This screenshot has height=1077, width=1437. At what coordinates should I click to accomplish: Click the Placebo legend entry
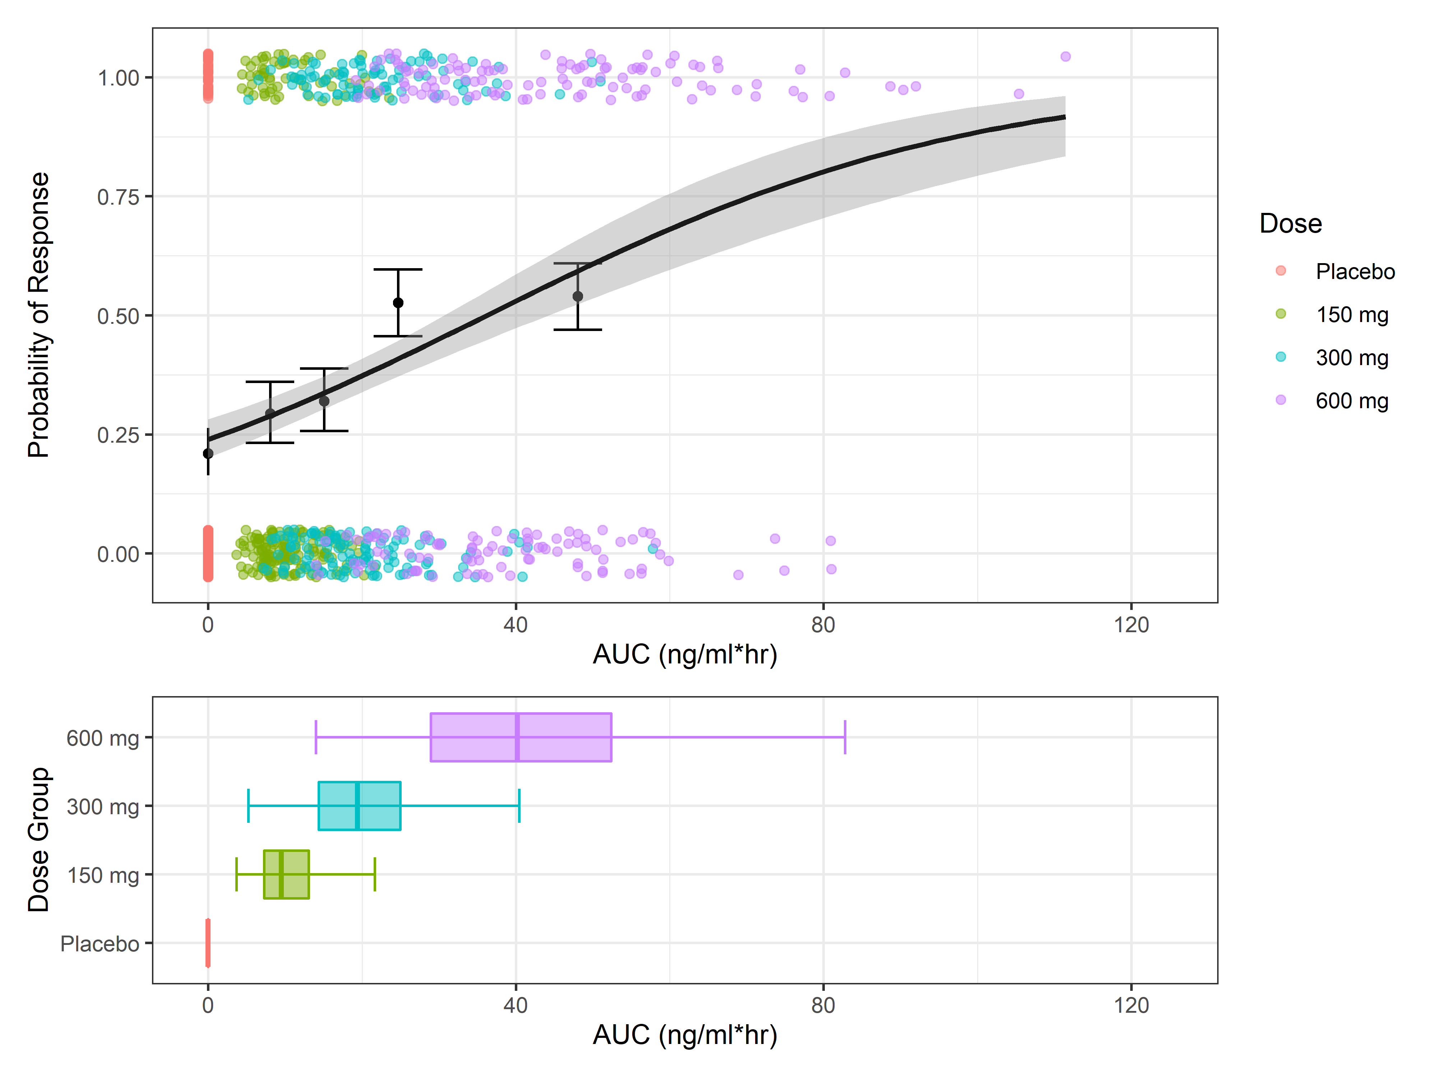point(1354,271)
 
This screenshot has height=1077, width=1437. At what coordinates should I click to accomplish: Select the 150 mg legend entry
point(1351,315)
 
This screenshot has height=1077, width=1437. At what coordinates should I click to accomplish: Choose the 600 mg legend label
point(1351,401)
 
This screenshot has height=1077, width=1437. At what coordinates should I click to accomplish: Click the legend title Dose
point(1290,223)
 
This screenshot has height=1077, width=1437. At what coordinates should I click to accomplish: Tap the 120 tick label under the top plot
point(1131,625)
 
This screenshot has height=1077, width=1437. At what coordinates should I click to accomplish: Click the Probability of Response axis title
point(39,315)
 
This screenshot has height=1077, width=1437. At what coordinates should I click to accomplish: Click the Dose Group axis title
point(39,839)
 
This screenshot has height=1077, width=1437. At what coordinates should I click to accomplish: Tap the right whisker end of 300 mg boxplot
point(519,806)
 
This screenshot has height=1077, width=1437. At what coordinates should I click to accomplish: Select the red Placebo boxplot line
point(208,943)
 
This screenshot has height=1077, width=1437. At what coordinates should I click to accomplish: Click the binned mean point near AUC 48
point(578,297)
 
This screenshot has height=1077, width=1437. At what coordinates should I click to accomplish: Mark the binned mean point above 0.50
point(398,303)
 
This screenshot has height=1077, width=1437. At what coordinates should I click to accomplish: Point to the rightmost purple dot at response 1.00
point(1066,56)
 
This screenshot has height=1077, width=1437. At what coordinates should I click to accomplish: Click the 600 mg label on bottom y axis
point(103,738)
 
